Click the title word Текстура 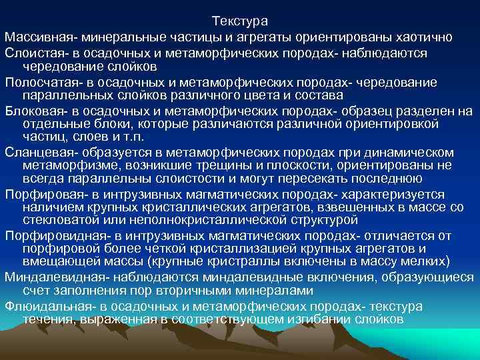[239, 22]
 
